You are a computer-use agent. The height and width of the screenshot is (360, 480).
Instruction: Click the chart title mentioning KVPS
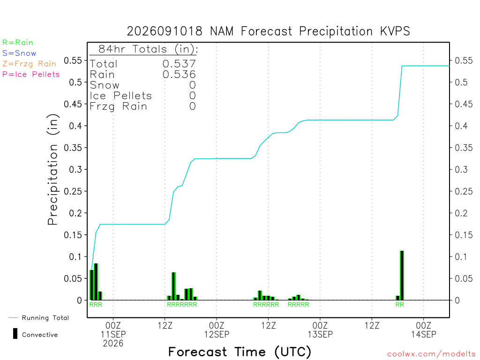tap(268, 31)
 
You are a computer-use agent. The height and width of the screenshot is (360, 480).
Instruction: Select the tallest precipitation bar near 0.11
tap(402, 276)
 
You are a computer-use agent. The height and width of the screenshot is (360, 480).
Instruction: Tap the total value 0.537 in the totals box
tap(179, 64)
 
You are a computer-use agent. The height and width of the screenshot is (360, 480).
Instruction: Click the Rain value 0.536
tap(179, 75)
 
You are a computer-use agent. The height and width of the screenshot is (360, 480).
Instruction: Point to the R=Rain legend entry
tap(18, 43)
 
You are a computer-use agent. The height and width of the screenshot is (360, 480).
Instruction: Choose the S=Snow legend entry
tap(19, 53)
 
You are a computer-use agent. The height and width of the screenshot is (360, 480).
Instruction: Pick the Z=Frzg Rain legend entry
tap(29, 64)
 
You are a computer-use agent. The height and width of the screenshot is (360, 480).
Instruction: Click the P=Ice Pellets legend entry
tap(31, 75)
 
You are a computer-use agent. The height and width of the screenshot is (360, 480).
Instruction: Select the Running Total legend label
tap(45, 318)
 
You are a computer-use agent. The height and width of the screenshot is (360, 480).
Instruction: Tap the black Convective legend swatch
tap(15, 334)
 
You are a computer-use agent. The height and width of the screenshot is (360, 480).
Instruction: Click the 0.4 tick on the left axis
tap(75, 126)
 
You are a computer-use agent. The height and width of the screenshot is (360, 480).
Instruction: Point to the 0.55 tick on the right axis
tap(464, 60)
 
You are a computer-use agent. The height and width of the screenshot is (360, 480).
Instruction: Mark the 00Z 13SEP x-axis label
tap(320, 330)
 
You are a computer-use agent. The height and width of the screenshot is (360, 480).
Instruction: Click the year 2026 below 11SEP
tap(113, 344)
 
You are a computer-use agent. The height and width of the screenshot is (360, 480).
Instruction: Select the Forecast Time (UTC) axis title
tap(240, 352)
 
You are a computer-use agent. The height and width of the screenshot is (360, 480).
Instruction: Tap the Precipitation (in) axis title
tap(52, 170)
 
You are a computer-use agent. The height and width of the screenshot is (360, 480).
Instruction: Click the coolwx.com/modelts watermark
tap(431, 354)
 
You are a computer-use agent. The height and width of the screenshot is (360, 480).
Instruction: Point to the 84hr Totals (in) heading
tap(148, 49)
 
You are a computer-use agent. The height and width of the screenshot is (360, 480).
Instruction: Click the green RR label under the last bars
tap(400, 305)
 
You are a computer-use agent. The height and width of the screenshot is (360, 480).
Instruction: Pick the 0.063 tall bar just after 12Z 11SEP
tap(173, 286)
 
